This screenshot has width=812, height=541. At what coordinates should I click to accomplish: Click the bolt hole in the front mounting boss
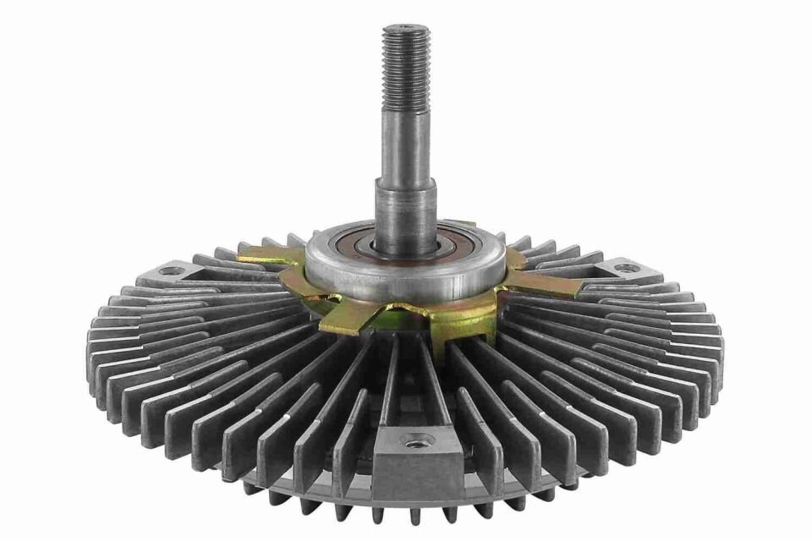[414, 441]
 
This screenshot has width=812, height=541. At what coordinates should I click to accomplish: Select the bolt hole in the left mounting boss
[172, 271]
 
